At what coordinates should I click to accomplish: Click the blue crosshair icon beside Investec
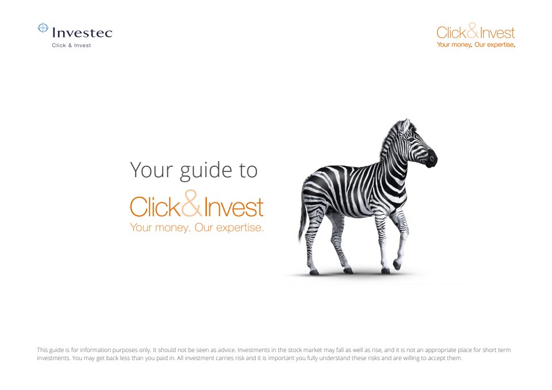(43, 28)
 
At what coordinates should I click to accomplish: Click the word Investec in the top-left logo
(82, 33)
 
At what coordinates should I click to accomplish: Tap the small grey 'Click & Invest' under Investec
(71, 45)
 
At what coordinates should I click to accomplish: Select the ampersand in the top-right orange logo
(473, 30)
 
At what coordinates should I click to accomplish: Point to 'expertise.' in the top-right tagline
(501, 45)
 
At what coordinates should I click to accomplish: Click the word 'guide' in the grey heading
(206, 171)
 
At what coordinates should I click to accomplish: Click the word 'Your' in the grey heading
(152, 170)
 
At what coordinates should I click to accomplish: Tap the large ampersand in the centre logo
(192, 203)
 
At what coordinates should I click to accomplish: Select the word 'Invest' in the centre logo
(234, 207)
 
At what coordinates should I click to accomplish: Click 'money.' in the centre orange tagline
(172, 228)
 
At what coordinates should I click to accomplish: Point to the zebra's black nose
(432, 158)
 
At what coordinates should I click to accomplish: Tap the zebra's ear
(406, 125)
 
